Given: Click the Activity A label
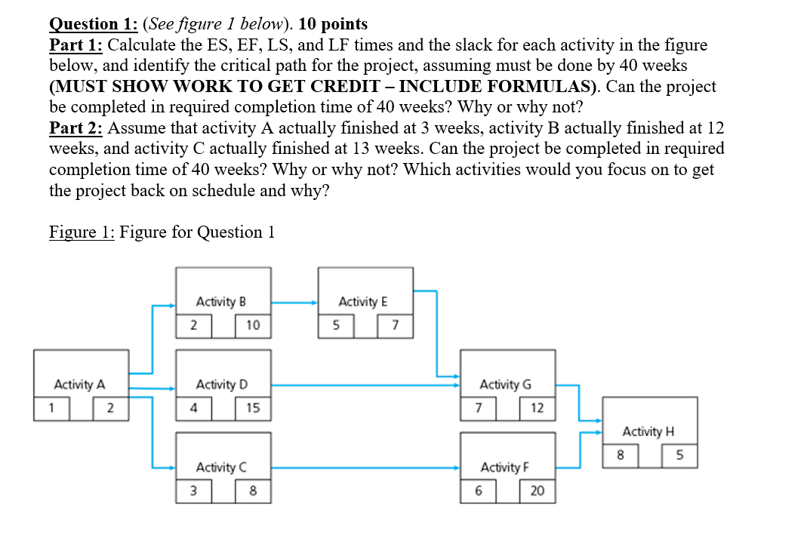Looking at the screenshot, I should (x=79, y=385).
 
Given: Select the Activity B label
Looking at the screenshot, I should (x=221, y=302).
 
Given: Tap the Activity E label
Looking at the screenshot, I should (x=363, y=302).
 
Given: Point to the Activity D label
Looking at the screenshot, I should (x=221, y=385).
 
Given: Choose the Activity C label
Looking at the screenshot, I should (x=221, y=467).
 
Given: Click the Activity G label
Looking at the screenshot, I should (x=505, y=385).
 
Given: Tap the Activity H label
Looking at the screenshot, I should (x=648, y=432).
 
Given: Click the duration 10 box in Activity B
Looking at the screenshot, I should (x=253, y=325).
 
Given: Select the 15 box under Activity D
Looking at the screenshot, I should (x=253, y=408).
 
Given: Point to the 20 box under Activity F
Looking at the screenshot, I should (x=537, y=491).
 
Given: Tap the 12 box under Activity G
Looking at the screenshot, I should (x=537, y=408).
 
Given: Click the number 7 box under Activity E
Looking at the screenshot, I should (x=395, y=325).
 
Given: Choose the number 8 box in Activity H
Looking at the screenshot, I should (x=621, y=456).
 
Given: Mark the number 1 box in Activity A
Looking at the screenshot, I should (x=52, y=408).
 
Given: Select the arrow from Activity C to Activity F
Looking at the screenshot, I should (x=366, y=468).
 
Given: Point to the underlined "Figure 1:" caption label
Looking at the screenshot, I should (x=82, y=232).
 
